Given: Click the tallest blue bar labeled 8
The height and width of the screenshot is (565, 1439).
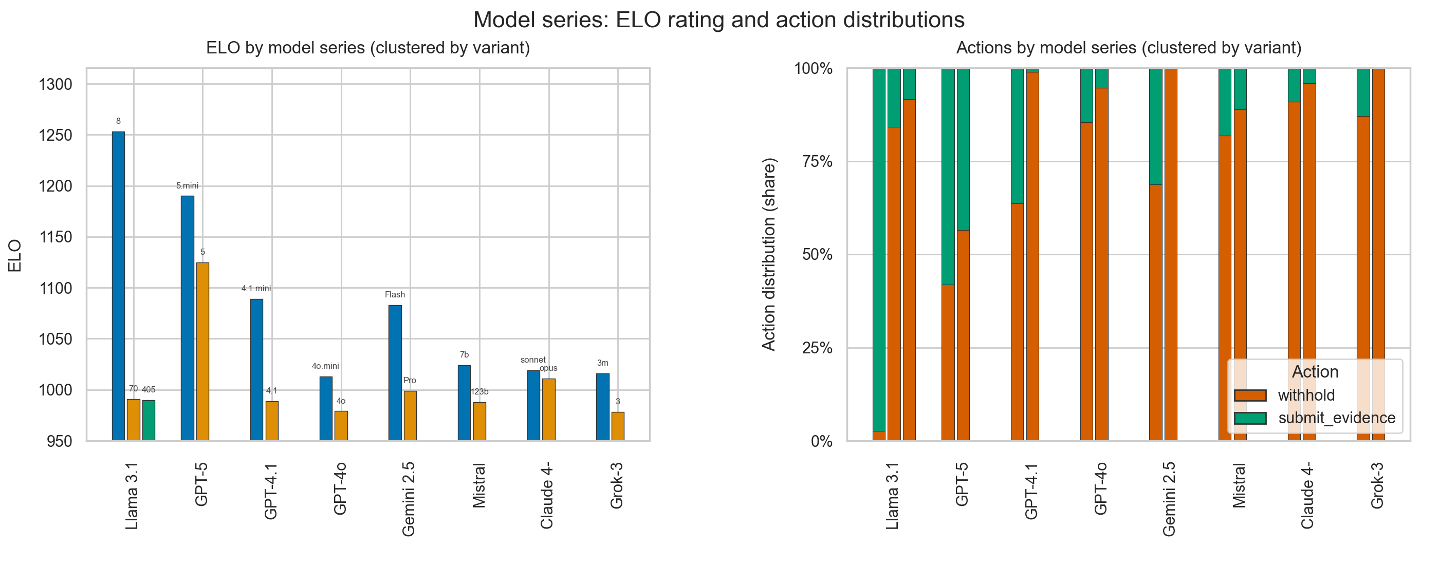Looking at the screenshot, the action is tap(118, 286).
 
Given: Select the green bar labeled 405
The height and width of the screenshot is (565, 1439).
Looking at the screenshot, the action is tap(149, 420).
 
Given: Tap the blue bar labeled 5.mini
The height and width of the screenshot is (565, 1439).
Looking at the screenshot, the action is tap(188, 318).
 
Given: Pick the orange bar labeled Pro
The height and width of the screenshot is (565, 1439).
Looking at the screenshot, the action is tap(410, 416).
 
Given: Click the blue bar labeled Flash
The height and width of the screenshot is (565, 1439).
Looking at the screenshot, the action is tap(395, 373).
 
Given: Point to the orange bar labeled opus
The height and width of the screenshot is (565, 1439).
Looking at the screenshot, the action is tap(548, 410).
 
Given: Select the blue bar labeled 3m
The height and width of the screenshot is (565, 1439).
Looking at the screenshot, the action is tap(603, 407).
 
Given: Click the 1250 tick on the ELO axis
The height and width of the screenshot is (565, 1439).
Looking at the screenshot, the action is tap(56, 136).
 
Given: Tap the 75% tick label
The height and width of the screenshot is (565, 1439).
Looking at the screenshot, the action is tap(817, 162).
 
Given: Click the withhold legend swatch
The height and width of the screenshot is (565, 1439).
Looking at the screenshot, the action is tap(1250, 395).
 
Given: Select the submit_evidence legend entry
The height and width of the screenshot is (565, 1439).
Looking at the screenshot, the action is tap(1315, 418).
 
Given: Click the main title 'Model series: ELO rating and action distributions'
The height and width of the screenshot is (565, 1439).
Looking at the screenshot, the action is tap(719, 20).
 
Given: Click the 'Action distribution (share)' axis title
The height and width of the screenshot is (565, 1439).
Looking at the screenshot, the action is tap(769, 255).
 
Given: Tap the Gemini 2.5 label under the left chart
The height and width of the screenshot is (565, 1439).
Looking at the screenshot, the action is tap(409, 499).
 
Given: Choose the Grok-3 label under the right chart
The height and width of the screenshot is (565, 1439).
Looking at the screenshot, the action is tap(1377, 485).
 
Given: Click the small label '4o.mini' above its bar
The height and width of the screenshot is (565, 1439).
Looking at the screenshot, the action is tap(325, 366).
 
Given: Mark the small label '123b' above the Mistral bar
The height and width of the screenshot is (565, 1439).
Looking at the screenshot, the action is tap(479, 391).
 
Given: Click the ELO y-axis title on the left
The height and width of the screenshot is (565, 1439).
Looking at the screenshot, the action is tap(15, 255).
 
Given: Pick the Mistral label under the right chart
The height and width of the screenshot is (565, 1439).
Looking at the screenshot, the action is tap(1239, 485).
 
